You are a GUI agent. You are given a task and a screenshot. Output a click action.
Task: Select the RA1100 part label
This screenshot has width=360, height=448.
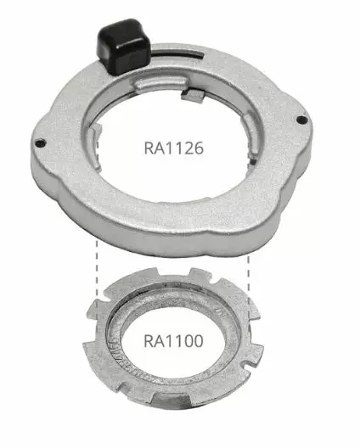(x=172, y=344)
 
